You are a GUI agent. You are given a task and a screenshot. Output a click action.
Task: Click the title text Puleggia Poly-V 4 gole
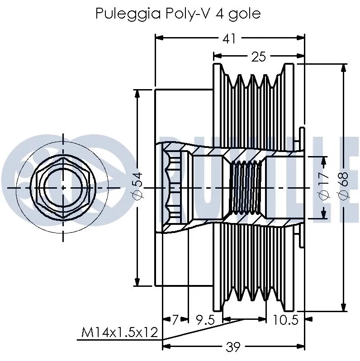(178, 14)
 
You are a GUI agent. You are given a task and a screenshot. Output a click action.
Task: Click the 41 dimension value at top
(229, 38)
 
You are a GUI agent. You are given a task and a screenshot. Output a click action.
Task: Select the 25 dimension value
(259, 57)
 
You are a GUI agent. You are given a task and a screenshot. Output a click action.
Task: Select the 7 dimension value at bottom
(175, 320)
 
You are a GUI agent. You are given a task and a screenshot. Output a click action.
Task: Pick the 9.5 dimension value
(204, 320)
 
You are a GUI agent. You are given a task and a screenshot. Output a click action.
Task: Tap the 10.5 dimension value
(285, 320)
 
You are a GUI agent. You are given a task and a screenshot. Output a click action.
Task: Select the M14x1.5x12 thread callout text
(119, 333)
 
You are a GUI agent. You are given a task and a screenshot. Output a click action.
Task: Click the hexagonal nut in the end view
(63, 187)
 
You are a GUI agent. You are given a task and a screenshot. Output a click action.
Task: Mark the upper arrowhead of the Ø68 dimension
(344, 67)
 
